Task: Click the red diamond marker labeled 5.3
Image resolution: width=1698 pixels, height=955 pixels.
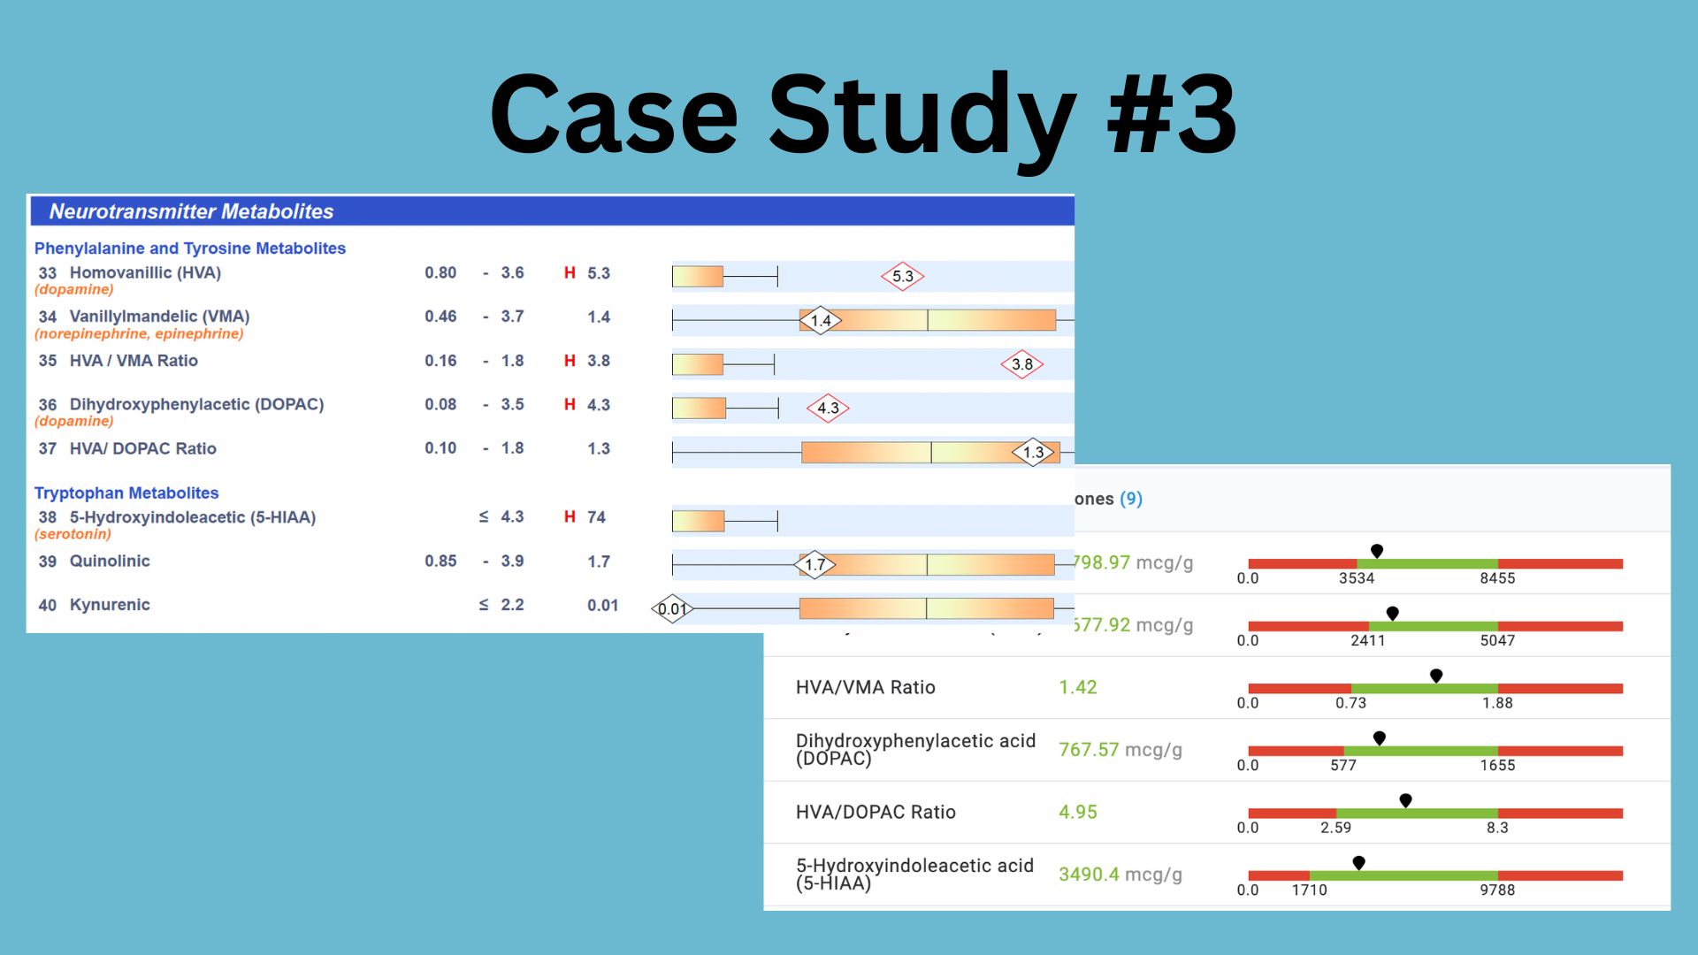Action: (902, 276)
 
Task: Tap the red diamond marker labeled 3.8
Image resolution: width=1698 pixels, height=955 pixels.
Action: (1021, 364)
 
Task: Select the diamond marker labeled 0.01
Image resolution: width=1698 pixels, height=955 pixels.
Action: (672, 608)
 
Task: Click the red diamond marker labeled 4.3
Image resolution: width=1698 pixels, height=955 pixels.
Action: (828, 408)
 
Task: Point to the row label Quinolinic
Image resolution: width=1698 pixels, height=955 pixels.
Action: (110, 561)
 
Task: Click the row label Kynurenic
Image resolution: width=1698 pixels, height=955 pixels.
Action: (110, 605)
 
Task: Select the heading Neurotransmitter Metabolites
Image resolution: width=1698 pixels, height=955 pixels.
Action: (191, 211)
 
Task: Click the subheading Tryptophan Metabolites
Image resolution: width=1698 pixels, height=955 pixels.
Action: (126, 493)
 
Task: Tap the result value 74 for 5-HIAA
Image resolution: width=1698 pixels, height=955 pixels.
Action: (597, 517)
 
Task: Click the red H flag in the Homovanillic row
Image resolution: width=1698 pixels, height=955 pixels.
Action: (570, 273)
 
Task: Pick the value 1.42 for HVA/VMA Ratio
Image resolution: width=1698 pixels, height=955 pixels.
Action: (1078, 687)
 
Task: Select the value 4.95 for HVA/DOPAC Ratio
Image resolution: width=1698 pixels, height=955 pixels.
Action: (1078, 812)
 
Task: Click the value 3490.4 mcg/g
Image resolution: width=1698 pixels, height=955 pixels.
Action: (1120, 875)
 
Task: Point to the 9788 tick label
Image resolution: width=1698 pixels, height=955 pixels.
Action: (1497, 890)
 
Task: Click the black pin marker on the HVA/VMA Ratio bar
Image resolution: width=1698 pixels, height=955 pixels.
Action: (1436, 676)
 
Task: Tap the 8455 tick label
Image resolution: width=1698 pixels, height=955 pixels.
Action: (1497, 578)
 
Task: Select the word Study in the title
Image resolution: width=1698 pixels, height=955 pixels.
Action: (922, 115)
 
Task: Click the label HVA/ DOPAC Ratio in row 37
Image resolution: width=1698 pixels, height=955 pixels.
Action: (143, 448)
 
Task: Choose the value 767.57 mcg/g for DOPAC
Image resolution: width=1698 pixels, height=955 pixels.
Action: (1120, 750)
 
